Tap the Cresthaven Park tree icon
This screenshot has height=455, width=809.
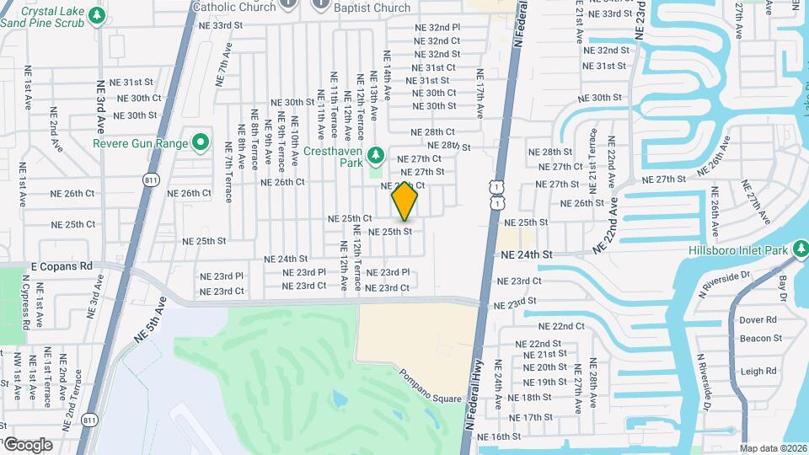(x=376, y=153)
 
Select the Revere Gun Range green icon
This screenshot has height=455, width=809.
(x=201, y=143)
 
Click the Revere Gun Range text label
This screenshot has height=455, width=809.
(x=141, y=143)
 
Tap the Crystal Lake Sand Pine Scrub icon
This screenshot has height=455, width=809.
(x=98, y=15)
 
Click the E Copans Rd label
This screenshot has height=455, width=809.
(x=61, y=266)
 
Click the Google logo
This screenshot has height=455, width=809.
(x=27, y=444)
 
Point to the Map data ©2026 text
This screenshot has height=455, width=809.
(x=773, y=448)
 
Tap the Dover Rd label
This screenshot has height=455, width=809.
(x=758, y=320)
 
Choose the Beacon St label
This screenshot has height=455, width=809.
(x=761, y=338)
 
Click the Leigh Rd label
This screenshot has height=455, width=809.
(x=758, y=371)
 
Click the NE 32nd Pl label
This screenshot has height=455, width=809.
(x=437, y=27)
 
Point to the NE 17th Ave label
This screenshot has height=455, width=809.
(x=480, y=93)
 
